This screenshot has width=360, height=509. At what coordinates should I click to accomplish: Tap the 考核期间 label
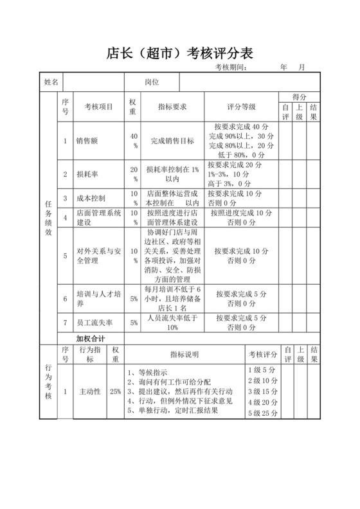(x=231, y=67)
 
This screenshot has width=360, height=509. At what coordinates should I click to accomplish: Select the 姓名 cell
(x=51, y=82)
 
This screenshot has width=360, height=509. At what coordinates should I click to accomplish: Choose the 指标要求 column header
(x=172, y=107)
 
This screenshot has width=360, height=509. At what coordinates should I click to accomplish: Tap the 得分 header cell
(x=298, y=96)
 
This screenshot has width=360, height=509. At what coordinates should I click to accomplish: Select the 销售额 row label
(x=86, y=141)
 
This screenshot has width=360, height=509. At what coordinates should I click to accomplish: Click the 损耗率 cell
(x=86, y=174)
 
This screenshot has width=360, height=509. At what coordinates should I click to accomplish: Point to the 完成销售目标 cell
(x=172, y=141)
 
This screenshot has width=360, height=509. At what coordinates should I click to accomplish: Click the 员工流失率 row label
(x=93, y=322)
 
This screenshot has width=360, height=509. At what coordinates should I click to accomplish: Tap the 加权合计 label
(x=90, y=338)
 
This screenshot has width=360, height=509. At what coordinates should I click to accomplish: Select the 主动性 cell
(x=90, y=391)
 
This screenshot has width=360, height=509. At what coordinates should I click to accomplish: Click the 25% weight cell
(x=116, y=391)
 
